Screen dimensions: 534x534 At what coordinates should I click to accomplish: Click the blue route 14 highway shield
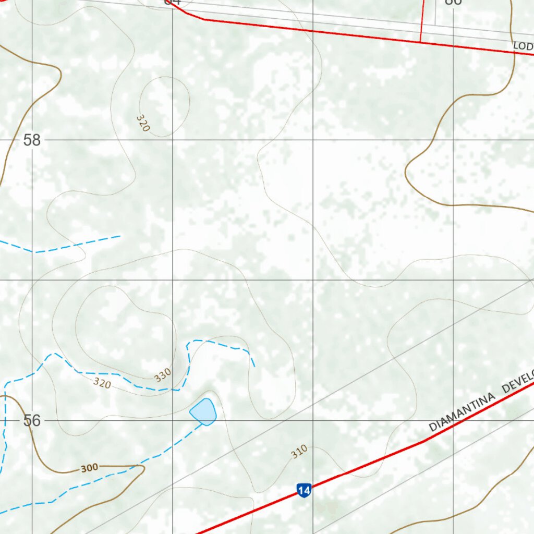pos(304,490)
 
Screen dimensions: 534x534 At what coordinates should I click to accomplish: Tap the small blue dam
pos(203,412)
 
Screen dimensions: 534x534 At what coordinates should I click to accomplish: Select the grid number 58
pos(32,140)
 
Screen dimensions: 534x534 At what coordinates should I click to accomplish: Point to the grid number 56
pos(32,420)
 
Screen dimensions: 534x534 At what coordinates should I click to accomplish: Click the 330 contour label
pos(163,375)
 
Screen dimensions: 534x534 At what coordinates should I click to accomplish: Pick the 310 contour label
pos(299,452)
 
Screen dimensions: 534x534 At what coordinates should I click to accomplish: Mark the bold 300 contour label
pos(89,468)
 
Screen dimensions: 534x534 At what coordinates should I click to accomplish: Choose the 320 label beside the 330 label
pos(102,384)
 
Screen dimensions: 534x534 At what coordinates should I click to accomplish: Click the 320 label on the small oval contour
pos(143,123)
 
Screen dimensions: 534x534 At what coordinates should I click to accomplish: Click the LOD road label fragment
pos(523,46)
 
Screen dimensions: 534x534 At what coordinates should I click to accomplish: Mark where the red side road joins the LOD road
pos(420,42)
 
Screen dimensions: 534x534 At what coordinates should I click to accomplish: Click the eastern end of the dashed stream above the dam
pos(254,366)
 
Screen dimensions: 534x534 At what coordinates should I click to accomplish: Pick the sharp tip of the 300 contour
pos(144,467)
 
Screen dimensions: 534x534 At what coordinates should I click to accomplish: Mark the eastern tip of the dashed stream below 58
pos(120,236)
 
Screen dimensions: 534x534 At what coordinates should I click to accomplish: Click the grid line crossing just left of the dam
pos(173,420)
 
